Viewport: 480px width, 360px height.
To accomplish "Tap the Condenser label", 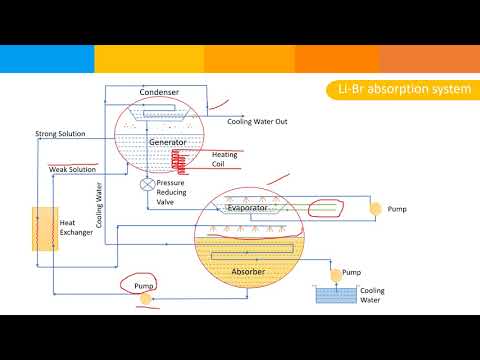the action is coord(160,93).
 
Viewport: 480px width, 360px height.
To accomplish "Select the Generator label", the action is coord(168,143).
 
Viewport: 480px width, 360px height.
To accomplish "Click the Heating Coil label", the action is coord(224,160).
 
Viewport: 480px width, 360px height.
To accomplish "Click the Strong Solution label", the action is coord(60,134).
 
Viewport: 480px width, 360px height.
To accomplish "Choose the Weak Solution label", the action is coord(72,170).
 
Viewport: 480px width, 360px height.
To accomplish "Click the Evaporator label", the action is coord(247,208).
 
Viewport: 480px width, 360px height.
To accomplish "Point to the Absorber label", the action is coord(248,271).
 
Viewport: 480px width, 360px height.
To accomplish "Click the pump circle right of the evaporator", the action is coord(374,209).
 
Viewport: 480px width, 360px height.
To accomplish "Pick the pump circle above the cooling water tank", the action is coord(333,273).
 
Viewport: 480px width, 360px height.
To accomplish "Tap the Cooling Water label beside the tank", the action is coord(371,295).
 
